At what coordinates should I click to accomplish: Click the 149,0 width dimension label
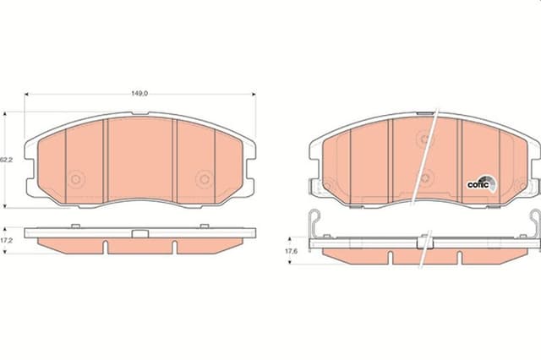click(139, 93)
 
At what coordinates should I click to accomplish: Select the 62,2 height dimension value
click(6, 160)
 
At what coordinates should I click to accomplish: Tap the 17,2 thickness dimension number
click(6, 240)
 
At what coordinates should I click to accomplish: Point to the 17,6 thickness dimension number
click(291, 251)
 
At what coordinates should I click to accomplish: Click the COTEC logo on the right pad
click(482, 183)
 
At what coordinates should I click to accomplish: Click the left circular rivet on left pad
click(75, 179)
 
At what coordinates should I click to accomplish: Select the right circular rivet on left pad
click(205, 179)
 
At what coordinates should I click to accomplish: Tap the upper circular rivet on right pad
click(424, 139)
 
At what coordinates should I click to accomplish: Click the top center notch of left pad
click(140, 113)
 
